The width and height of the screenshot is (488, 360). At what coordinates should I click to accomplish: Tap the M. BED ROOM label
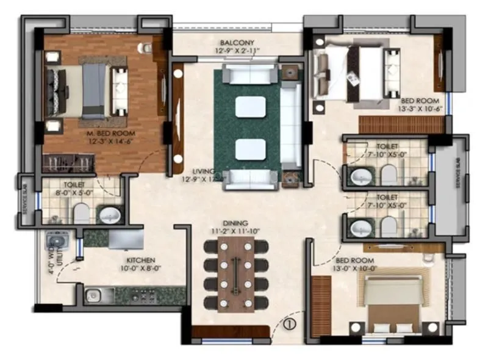point(102,133)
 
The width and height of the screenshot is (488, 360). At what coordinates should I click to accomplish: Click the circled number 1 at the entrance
point(290,325)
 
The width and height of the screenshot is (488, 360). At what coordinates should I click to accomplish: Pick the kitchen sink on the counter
point(93,296)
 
